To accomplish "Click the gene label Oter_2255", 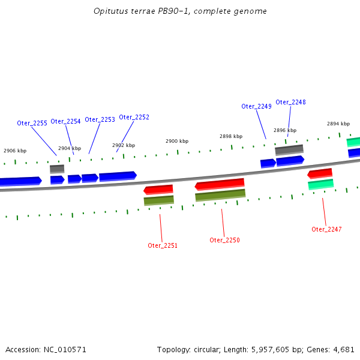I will [32, 123].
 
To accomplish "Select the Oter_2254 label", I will [65, 121].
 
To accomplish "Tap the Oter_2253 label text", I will [100, 119].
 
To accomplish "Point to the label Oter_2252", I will [134, 117].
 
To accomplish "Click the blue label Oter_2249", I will [256, 106].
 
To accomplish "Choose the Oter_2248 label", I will [290, 102].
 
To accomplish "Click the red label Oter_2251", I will [163, 245].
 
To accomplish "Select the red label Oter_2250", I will [224, 240].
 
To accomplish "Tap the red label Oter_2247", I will [326, 229].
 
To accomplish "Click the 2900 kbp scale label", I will [177, 141].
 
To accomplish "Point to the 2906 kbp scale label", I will [15, 151].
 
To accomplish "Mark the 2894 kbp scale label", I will [338, 124].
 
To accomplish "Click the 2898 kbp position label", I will [231, 136].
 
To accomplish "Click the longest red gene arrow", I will [220, 184].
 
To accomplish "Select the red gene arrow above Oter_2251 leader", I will [158, 190].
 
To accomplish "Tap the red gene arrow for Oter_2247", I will [320, 173].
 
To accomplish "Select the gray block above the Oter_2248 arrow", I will [289, 149].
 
